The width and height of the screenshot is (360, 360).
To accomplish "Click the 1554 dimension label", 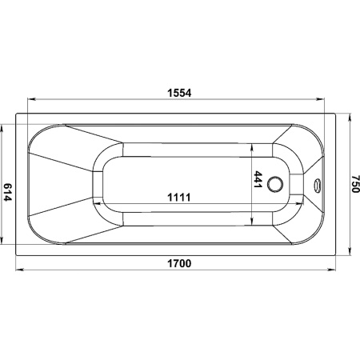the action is pyautogui.click(x=179, y=93).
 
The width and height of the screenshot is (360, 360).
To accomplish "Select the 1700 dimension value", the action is pyautogui.click(x=179, y=263).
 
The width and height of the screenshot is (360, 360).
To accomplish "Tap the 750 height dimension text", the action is pyautogui.click(x=355, y=184).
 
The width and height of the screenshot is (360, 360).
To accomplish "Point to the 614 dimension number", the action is pyautogui.click(x=7, y=192).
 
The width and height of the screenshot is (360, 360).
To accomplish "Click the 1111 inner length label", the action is pyautogui.click(x=179, y=198).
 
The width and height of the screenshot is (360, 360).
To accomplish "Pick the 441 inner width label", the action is pyautogui.click(x=258, y=179).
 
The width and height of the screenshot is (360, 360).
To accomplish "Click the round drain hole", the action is pyautogui.click(x=275, y=184).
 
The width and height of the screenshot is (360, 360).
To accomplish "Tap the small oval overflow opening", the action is pyautogui.click(x=317, y=185).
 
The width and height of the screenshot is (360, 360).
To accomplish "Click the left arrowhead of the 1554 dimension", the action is pyautogui.click(x=31, y=99).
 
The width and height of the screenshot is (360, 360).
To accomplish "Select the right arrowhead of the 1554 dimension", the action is pyautogui.click(x=320, y=99).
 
